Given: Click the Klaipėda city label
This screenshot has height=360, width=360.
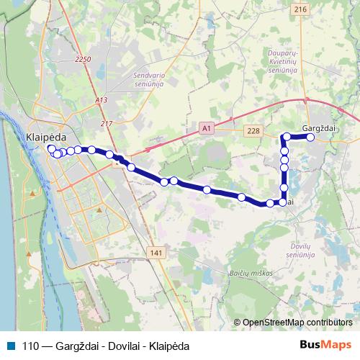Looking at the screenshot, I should point(45,135).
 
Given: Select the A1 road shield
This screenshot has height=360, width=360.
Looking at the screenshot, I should point(207,127).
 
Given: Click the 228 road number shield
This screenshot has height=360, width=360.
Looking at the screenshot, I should point(252,130).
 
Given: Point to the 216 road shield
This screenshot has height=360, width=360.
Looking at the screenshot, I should point(300,9).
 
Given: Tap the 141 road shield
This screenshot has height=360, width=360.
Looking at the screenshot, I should point(158,252).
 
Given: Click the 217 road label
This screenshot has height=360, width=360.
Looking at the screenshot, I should point(107,123).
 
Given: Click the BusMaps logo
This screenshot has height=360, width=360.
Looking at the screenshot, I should point(326,345).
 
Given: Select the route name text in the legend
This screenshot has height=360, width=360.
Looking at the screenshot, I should point(106,346).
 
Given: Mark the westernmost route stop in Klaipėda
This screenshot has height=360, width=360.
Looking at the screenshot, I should point(50,149).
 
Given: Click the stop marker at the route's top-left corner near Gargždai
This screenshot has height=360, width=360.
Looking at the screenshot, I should point(287,137).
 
